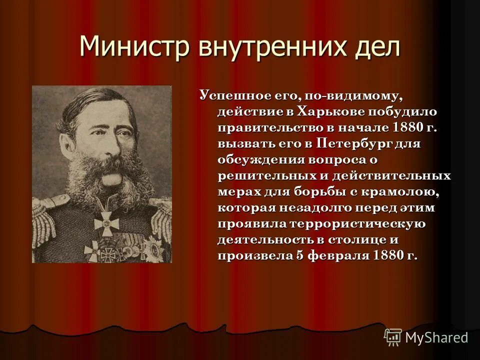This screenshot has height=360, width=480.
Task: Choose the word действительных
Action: coord(390,175)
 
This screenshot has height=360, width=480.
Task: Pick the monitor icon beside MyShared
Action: coord(393,337)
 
